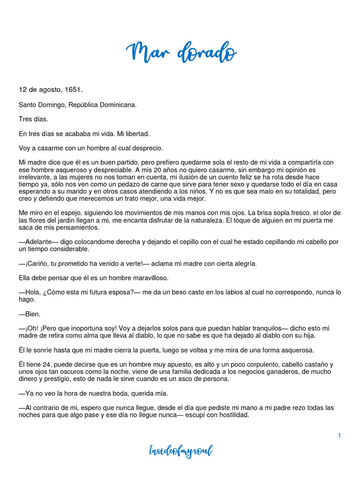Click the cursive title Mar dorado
(x=181, y=52)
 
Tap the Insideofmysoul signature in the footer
(x=181, y=451)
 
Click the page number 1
(x=339, y=435)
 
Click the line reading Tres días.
(x=33, y=119)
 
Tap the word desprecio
(x=147, y=148)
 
